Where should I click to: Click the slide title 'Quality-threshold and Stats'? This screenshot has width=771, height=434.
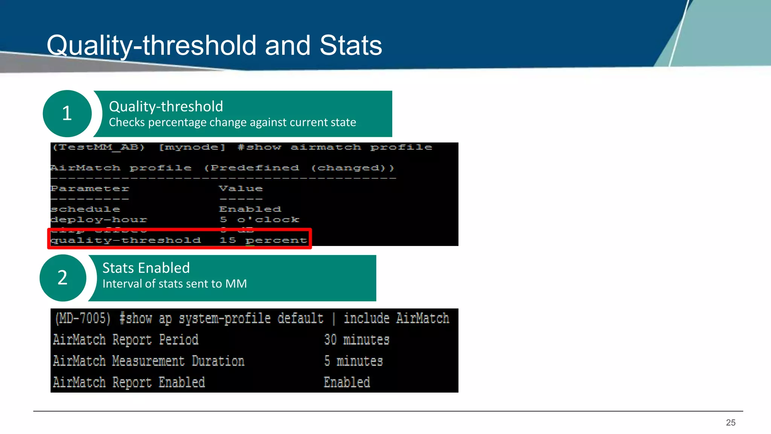tap(214, 46)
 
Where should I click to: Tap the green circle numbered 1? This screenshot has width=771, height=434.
tap(67, 113)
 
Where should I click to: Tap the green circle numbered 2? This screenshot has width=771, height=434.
tap(62, 278)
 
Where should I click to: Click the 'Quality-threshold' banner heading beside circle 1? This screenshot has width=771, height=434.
tap(166, 107)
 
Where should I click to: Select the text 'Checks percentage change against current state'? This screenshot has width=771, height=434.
tap(232, 122)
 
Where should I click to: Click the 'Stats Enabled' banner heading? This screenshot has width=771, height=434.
tap(146, 268)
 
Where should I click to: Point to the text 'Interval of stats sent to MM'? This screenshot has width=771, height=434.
tap(175, 284)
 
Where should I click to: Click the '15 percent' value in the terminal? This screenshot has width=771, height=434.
tap(263, 240)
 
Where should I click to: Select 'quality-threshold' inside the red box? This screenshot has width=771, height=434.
tap(126, 240)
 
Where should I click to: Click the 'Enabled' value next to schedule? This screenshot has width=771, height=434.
tap(250, 209)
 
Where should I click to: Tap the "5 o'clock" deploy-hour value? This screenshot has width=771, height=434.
tap(259, 220)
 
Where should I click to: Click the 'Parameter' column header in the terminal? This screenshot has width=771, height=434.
tap(90, 188)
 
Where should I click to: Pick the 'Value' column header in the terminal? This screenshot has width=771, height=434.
tap(241, 188)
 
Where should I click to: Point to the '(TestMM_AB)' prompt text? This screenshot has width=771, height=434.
tap(99, 147)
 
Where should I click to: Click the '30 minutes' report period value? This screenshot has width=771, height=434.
tap(357, 340)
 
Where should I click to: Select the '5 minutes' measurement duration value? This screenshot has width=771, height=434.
tap(354, 361)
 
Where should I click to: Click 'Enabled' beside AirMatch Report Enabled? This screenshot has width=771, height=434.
tap(347, 382)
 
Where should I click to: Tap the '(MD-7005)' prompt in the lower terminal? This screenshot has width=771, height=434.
tap(83, 319)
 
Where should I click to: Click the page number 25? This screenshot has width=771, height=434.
tap(730, 423)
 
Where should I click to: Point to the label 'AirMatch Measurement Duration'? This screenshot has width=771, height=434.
tap(149, 361)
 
